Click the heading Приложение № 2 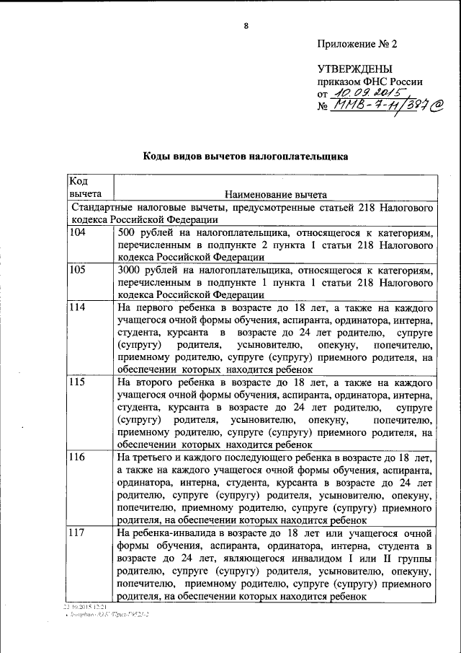point(357,43)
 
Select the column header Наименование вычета point(276,194)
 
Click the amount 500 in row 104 point(127,233)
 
